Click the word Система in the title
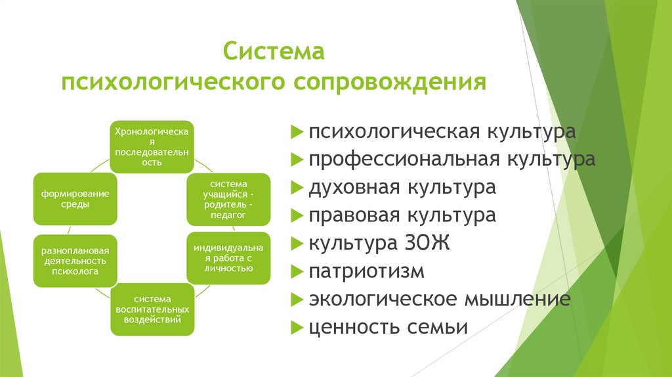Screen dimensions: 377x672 [x=274, y=51]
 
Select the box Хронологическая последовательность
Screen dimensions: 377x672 [x=152, y=146]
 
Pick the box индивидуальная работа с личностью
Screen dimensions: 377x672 [x=228, y=257]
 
